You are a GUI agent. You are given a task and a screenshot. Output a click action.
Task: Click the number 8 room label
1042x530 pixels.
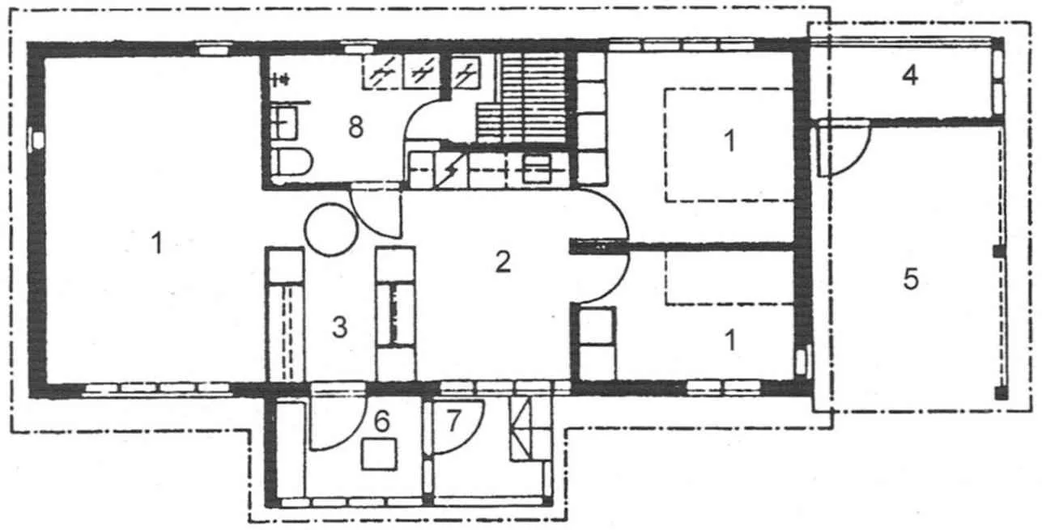pos(356,127)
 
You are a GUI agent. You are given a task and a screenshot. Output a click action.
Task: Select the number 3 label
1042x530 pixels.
pos(339,327)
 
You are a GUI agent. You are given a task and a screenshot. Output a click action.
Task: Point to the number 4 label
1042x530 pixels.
pos(910,75)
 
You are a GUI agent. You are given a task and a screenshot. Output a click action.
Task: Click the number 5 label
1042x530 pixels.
pos(910,279)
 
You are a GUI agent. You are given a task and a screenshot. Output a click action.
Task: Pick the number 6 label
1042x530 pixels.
pos(382,422)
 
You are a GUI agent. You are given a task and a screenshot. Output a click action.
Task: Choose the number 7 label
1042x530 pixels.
pos(453,420)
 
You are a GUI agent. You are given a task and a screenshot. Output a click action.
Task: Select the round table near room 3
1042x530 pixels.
pos(332,230)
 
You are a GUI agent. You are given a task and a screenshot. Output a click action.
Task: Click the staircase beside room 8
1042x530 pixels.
pos(521,98)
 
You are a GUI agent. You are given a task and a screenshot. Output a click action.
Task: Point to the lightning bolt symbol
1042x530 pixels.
pos(449,172)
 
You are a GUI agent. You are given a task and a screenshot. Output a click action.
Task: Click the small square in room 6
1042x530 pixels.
pos(380,454)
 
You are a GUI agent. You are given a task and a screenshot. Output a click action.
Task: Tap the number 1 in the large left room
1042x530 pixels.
pos(158,243)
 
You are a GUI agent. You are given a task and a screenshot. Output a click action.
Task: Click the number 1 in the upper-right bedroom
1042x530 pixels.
pos(729,141)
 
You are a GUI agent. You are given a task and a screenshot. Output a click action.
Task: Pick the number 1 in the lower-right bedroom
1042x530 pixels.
pos(730,341)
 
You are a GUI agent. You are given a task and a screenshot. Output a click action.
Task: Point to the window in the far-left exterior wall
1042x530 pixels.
pos(36,138)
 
